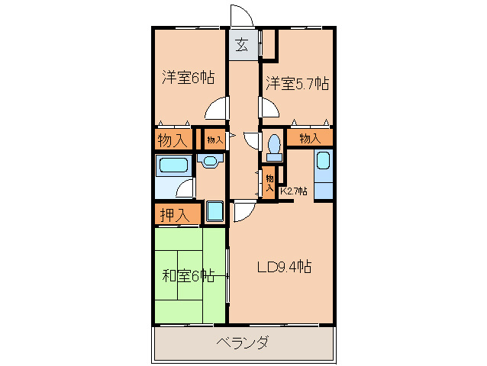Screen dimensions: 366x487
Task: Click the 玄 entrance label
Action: coord(240,44)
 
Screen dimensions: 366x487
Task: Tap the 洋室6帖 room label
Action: coord(187,77)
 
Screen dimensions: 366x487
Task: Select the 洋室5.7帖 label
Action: coord(297,83)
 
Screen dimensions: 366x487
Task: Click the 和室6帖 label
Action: coord(188,275)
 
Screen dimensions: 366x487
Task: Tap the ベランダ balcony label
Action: coord(242,342)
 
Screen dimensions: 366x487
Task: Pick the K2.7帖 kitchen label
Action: coord(294,191)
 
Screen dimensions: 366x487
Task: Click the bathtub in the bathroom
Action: coord(173,165)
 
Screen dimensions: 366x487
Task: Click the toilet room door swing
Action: coord(253,139)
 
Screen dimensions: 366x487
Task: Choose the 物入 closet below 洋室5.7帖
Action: coord(309,138)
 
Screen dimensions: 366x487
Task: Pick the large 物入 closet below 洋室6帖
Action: coord(173,140)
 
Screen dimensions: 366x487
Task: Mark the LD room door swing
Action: coord(243,213)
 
